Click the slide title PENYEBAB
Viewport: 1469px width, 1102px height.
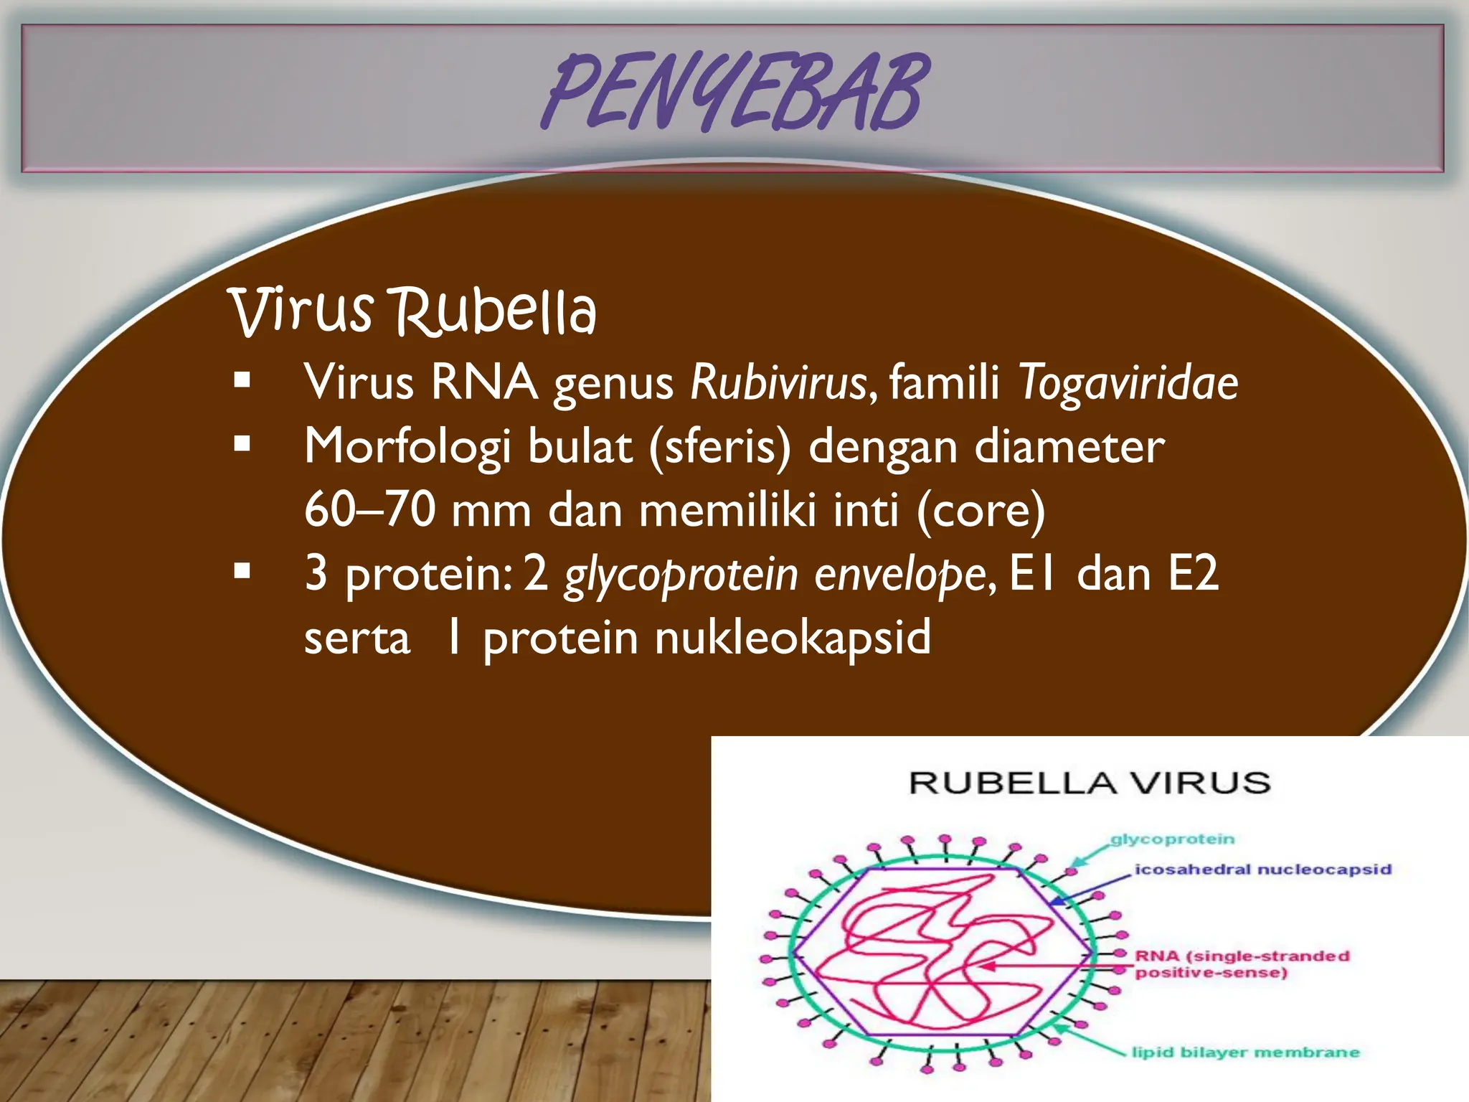(734, 93)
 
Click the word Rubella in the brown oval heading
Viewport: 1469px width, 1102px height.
(495, 313)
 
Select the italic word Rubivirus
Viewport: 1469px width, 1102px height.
(779, 382)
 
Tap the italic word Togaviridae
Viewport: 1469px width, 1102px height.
(1128, 382)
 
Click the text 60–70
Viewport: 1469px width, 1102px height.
(369, 509)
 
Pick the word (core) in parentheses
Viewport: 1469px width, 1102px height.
(981, 509)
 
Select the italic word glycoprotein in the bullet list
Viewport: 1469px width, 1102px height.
(680, 574)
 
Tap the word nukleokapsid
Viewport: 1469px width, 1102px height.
(793, 637)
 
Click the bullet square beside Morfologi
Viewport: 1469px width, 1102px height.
(242, 444)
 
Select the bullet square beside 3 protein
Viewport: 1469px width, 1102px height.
(242, 572)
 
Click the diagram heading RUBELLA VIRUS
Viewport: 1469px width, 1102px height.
(1090, 783)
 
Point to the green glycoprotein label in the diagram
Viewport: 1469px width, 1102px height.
(1172, 839)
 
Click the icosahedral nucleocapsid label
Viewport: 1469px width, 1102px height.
(1262, 870)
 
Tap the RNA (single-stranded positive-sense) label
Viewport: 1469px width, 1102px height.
(1242, 964)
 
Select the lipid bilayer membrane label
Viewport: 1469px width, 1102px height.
(1245, 1052)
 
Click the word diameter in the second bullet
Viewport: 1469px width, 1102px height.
(1069, 446)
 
